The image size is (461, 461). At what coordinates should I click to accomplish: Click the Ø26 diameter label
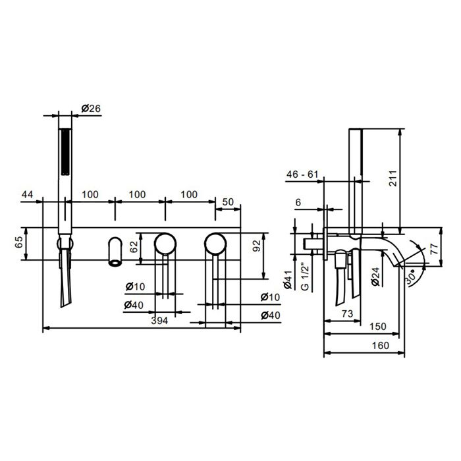(91, 109)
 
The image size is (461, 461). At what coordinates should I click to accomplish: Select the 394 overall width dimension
(159, 321)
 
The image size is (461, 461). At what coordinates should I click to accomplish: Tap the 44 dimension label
(28, 194)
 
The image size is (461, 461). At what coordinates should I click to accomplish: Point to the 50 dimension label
(228, 202)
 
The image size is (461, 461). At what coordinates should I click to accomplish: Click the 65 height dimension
(19, 242)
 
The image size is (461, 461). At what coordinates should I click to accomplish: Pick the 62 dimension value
(134, 247)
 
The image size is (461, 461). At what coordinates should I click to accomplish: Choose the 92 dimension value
(257, 246)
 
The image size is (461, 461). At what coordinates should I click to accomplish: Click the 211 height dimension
(393, 178)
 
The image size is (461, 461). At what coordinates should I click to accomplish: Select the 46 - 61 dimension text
(302, 175)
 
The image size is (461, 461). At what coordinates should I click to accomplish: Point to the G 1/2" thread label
(306, 277)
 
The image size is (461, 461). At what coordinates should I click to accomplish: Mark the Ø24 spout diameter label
(375, 277)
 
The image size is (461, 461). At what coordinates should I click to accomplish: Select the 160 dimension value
(381, 346)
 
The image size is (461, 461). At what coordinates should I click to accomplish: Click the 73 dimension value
(347, 313)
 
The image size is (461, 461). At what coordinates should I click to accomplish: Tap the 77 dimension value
(434, 248)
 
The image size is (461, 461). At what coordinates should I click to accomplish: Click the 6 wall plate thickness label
(298, 202)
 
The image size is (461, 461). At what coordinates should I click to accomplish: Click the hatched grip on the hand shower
(65, 151)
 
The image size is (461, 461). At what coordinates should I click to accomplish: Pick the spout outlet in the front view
(115, 262)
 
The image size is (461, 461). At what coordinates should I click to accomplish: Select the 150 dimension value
(378, 327)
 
